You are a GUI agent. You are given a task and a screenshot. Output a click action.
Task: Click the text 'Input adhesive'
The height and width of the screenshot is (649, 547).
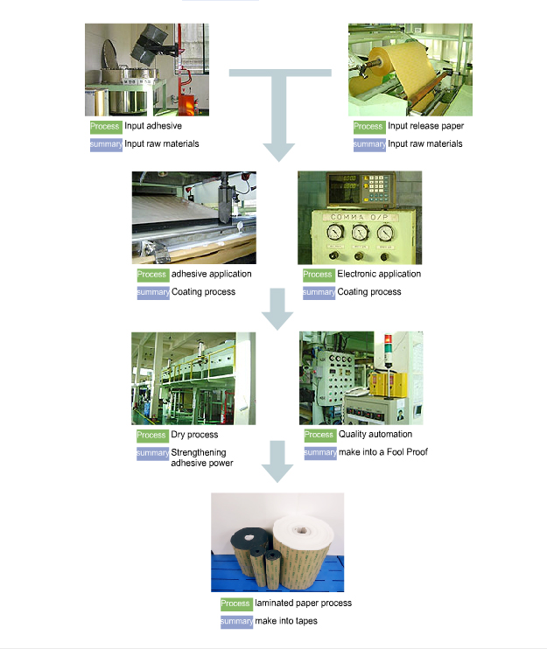pyautogui.click(x=153, y=127)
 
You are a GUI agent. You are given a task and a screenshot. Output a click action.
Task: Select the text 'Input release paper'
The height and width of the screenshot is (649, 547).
pyautogui.click(x=425, y=127)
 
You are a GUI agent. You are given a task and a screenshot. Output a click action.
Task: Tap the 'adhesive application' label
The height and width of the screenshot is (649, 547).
pyautogui.click(x=211, y=274)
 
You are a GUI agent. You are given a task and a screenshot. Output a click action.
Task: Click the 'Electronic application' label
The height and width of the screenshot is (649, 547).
pyautogui.click(x=379, y=274)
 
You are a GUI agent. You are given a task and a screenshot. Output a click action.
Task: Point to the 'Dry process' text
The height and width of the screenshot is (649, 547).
pyautogui.click(x=194, y=435)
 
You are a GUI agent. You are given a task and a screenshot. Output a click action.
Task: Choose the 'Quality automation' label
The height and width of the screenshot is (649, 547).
pyautogui.click(x=375, y=435)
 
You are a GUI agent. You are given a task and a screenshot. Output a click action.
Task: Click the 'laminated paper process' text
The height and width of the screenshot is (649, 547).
pyautogui.click(x=303, y=604)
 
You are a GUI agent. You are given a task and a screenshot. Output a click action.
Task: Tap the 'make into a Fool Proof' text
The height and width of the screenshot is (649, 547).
pyautogui.click(x=383, y=452)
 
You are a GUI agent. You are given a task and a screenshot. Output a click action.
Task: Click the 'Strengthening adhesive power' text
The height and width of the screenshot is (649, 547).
pyautogui.click(x=202, y=457)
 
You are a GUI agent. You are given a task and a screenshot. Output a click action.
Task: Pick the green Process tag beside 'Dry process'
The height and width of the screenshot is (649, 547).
pyautogui.click(x=152, y=435)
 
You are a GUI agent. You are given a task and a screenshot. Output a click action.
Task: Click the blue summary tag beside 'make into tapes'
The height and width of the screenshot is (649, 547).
pyautogui.click(x=236, y=621)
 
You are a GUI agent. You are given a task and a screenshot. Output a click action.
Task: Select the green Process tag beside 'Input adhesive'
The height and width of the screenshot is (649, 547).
pyautogui.click(x=105, y=127)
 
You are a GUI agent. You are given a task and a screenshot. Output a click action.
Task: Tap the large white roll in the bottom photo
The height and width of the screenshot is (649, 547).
pyautogui.click(x=303, y=542)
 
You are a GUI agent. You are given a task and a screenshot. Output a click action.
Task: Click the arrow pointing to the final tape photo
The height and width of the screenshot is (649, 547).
pyautogui.click(x=278, y=462)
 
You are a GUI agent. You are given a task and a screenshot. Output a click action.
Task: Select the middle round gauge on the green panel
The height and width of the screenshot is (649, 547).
pyautogui.click(x=359, y=234)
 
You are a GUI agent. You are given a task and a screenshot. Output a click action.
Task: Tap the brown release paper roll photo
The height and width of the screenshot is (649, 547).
pyautogui.click(x=410, y=70)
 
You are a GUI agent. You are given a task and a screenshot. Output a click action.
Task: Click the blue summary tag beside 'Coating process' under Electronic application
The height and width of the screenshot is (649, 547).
pyautogui.click(x=319, y=291)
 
